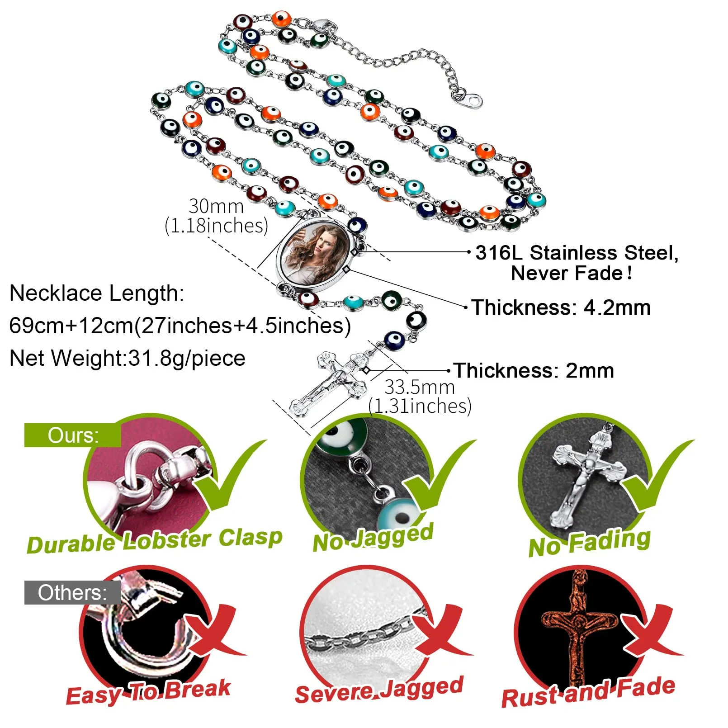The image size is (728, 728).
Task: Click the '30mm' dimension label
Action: (x=216, y=206)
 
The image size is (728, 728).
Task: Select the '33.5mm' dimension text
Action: (x=420, y=387)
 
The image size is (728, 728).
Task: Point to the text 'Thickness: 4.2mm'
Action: (x=561, y=307)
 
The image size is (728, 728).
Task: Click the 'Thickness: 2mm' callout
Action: (x=534, y=371)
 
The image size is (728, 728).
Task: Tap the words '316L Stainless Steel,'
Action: (x=577, y=253)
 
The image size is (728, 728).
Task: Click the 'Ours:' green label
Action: (x=73, y=435)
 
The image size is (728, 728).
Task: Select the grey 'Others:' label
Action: (x=72, y=593)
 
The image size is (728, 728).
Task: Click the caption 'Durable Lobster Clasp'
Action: (x=155, y=541)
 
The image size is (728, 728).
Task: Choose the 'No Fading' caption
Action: (x=590, y=542)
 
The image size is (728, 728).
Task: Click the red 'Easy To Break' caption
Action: (x=148, y=692)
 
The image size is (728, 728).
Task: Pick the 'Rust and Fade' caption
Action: (x=588, y=692)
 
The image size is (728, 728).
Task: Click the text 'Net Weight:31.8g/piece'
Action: (x=127, y=359)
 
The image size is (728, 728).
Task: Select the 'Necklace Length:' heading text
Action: (x=97, y=293)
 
